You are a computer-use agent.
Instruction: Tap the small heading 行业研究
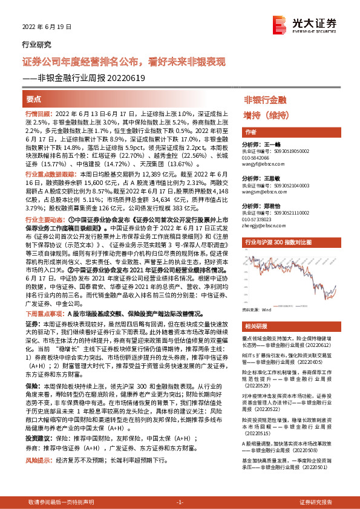point(37,44)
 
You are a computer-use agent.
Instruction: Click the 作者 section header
point(250,132)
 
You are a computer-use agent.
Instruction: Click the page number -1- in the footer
point(179,502)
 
